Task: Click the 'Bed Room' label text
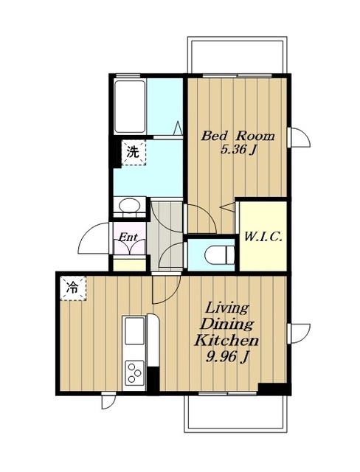[x=238, y=136]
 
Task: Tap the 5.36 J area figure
[x=238, y=150]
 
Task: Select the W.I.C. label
[x=263, y=237]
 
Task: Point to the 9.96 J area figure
[x=227, y=357]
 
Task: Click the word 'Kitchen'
[x=226, y=341]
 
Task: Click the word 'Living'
[x=227, y=308]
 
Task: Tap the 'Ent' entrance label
[x=128, y=237]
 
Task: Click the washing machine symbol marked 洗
[x=134, y=153]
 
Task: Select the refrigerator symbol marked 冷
[x=73, y=288]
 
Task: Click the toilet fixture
[x=220, y=254]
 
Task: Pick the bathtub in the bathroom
[x=130, y=106]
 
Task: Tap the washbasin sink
[x=129, y=206]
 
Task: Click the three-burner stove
[x=134, y=372]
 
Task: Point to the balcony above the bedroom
[x=237, y=55]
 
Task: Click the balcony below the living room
[x=236, y=412]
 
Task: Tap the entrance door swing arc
[x=86, y=232]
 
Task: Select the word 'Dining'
[x=227, y=324]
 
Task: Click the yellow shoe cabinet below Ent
[x=129, y=264]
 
